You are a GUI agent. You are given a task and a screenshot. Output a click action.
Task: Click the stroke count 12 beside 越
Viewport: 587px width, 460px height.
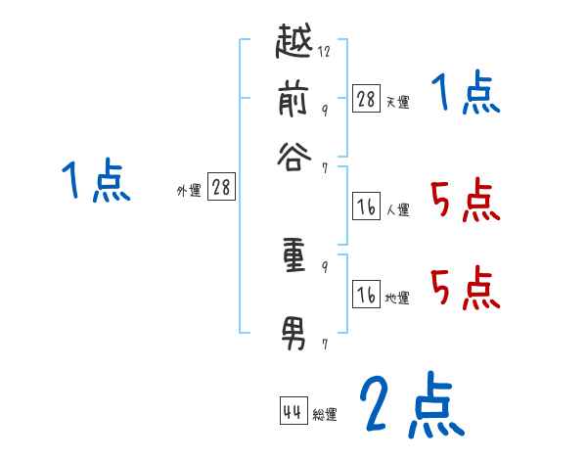[324, 52]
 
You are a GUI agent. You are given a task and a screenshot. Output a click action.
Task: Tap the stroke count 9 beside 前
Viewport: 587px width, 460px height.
[324, 110]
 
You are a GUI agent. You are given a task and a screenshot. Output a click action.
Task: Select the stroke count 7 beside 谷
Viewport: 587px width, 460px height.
[324, 168]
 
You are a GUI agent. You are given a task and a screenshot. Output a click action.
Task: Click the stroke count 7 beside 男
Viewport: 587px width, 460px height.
[324, 345]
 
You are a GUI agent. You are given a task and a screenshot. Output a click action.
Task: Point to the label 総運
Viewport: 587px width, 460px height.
[325, 415]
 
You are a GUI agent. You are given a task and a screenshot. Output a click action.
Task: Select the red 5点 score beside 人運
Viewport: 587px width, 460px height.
[465, 201]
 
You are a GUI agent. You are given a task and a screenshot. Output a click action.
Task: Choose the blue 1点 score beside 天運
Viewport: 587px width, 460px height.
[465, 95]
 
